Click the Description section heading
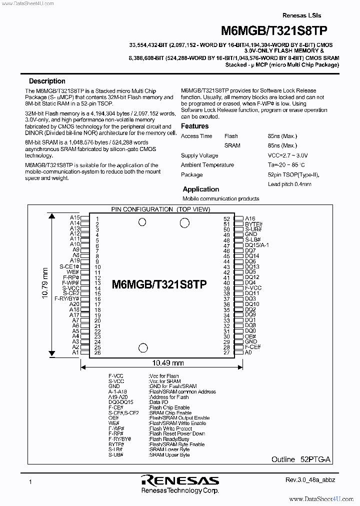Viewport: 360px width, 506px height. pos(47,81)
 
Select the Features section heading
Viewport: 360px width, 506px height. pos(194,126)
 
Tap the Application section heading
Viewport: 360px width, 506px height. pos(200,189)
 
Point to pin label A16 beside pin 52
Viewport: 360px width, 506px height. pos(250,218)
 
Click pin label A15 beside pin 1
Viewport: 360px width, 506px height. pos(74,218)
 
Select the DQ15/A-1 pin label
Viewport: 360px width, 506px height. pos(257,245)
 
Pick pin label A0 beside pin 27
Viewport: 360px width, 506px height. pos(248,352)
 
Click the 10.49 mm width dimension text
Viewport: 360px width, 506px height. pos(167,363)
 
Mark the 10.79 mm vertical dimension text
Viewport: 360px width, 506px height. pos(45,283)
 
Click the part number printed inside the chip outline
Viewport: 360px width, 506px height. pos(159,284)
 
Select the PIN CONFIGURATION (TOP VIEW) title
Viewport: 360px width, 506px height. pos(160,209)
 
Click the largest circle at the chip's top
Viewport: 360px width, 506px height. pos(184,222)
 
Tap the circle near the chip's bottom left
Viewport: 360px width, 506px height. pos(143,348)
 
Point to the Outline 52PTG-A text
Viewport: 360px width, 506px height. pos(301,459)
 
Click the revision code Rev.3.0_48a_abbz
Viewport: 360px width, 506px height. pos(310,480)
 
